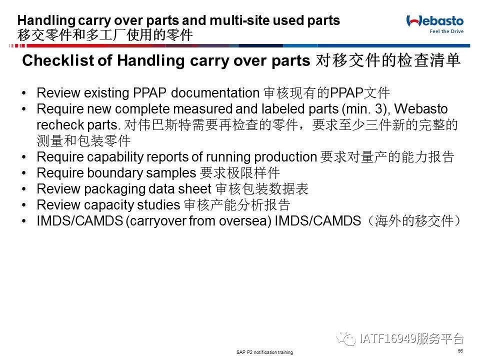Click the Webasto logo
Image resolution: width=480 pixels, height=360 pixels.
click(434, 21)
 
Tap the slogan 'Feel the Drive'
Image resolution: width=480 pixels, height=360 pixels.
click(446, 31)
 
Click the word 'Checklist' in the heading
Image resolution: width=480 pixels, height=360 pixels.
click(58, 60)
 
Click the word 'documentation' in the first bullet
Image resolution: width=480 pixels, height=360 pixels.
click(215, 93)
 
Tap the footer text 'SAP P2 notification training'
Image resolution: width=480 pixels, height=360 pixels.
click(264, 352)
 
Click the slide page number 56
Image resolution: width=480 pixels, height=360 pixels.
click(460, 351)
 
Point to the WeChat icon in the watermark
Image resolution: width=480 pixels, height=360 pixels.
click(346, 339)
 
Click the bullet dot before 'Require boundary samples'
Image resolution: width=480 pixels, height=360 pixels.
click(24, 173)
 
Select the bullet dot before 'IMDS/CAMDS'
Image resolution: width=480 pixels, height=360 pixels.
click(24, 220)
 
